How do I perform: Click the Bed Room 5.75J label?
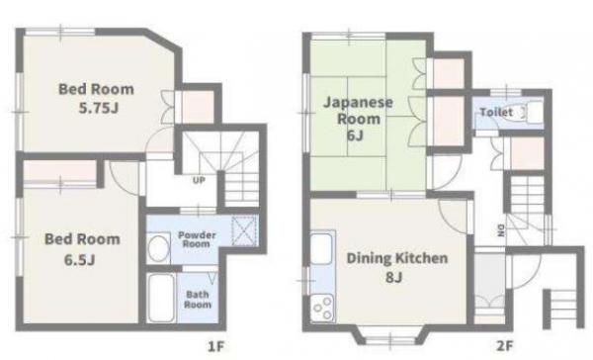tap(97, 99)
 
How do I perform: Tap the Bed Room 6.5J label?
tap(82, 249)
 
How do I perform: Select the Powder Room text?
tap(197, 239)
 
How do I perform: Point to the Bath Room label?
tap(198, 300)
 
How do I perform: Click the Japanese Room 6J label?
tap(358, 118)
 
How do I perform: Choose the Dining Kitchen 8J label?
tap(396, 267)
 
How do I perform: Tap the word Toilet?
tap(496, 112)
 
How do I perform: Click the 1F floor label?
tap(216, 346)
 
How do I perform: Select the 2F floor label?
tap(505, 345)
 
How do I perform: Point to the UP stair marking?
tap(199, 180)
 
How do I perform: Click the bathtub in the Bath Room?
tap(161, 298)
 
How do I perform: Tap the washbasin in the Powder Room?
tap(158, 248)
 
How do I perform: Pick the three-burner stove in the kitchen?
tap(322, 308)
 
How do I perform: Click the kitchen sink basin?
tap(320, 248)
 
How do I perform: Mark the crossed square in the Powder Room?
tap(244, 230)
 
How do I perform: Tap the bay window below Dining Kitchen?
tap(389, 337)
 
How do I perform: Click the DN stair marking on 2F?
tap(501, 230)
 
